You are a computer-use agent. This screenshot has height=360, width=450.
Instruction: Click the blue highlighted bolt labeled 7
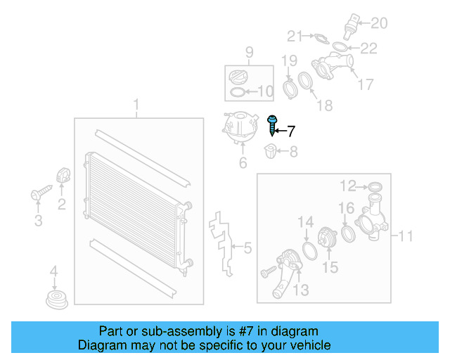[x=273, y=126]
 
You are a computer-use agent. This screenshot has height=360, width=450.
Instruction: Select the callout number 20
[x=379, y=24]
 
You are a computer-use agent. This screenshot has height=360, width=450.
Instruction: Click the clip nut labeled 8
[x=271, y=150]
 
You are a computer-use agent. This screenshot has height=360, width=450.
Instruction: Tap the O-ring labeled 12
[x=375, y=186]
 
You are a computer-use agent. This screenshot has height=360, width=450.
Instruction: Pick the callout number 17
[x=366, y=85]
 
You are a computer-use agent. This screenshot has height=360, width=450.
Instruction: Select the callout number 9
[x=248, y=51]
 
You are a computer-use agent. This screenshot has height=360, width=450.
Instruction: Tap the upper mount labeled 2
[x=62, y=176]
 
